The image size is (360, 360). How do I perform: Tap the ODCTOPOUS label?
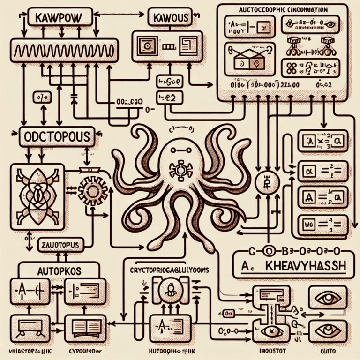point(56,137)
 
